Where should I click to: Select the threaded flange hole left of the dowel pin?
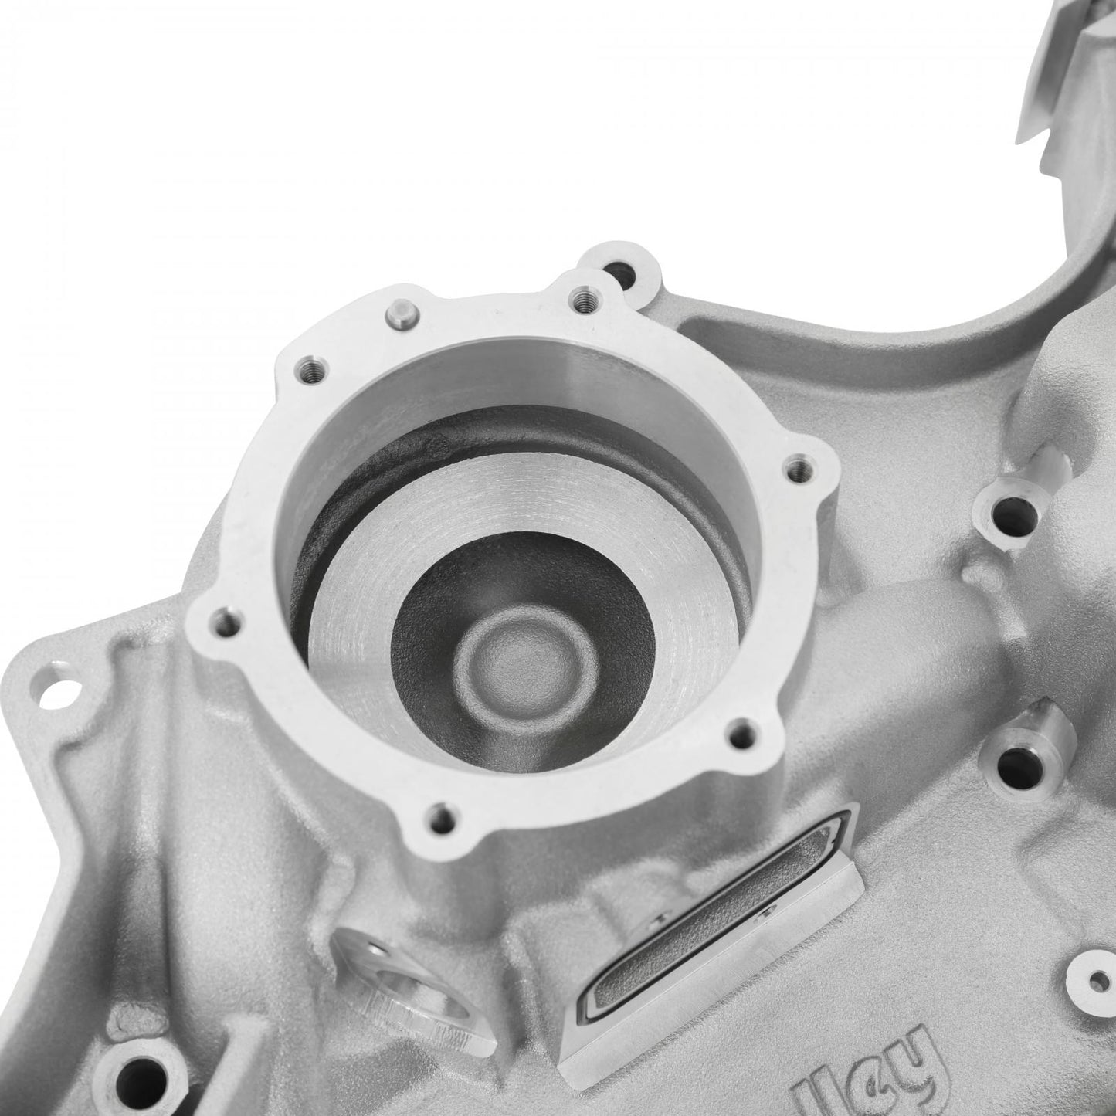coord(310,364)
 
